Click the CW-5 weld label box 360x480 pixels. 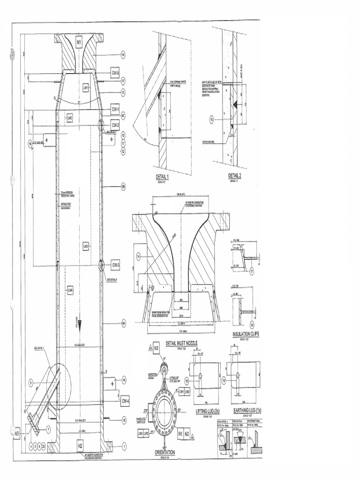[x=115, y=73]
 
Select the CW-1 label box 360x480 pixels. [x=115, y=109]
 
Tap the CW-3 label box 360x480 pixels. [x=116, y=265]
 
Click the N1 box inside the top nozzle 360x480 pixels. [x=79, y=42]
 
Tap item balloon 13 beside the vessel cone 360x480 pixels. [x=123, y=93]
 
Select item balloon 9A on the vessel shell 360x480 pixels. [x=124, y=323]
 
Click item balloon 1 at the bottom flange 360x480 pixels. [x=124, y=447]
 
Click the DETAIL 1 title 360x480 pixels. [x=162, y=177]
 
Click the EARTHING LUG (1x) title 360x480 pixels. [x=247, y=411]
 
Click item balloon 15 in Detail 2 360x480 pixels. [x=211, y=120]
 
